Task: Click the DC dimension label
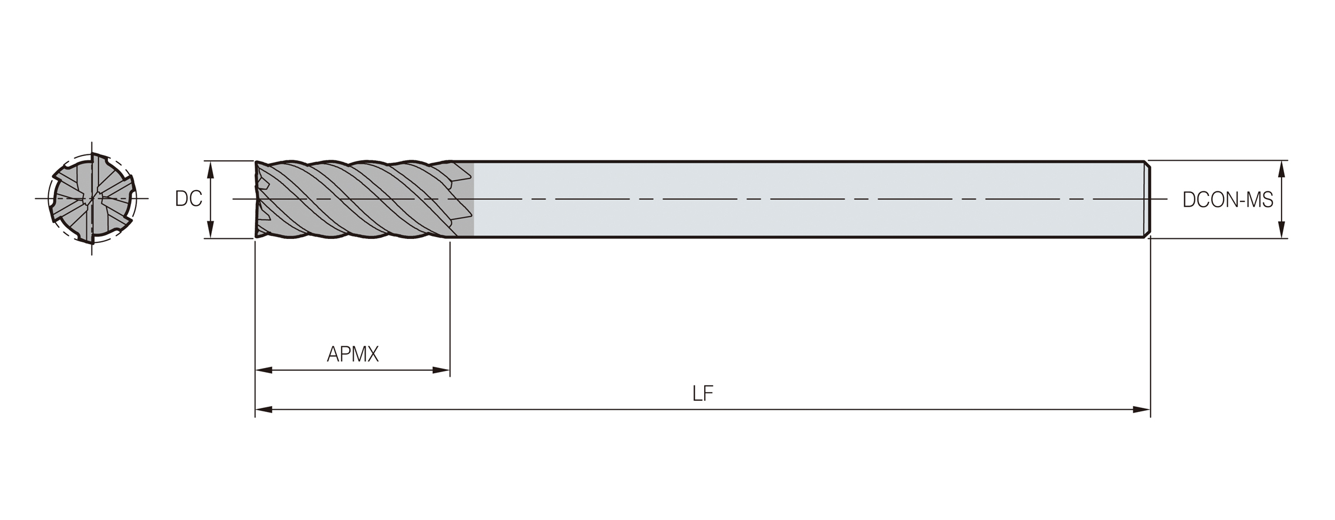point(188,199)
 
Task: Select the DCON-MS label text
point(1228,200)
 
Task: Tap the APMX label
point(353,354)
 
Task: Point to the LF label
point(702,394)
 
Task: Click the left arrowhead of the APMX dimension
point(264,370)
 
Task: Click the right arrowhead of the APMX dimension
point(441,370)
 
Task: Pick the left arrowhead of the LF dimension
point(264,410)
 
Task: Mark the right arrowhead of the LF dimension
point(1141,410)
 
